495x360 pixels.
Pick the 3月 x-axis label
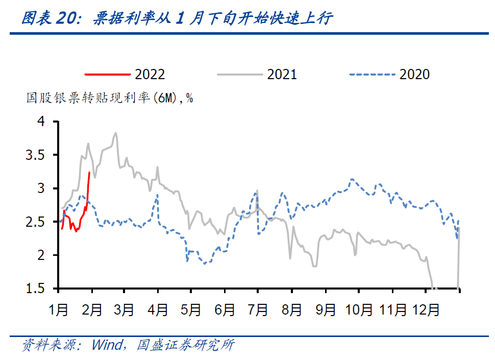point(124,309)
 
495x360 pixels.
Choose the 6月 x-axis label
point(225,309)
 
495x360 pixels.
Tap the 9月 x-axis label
point(325,309)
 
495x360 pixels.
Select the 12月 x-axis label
point(426,309)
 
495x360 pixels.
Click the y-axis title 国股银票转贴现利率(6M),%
point(109,98)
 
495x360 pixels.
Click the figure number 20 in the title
point(68,19)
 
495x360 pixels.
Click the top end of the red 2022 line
point(90,172)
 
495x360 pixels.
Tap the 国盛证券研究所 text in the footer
point(185,345)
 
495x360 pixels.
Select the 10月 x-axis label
point(358,309)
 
